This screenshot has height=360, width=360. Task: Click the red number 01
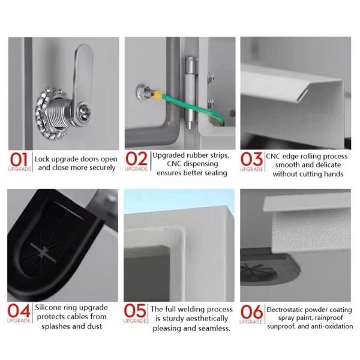(19, 160)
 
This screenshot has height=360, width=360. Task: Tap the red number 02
(136, 158)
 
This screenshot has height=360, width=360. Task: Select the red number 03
(251, 159)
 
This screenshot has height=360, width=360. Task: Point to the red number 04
(19, 311)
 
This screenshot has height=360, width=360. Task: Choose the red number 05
(135, 311)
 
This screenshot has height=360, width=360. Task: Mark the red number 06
(251, 311)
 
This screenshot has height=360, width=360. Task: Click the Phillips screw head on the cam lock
(84, 112)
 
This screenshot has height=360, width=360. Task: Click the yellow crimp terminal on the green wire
(158, 94)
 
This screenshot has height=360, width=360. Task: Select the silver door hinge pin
(191, 92)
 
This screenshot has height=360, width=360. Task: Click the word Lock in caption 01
(42, 159)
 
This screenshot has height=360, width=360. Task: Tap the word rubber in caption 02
(194, 155)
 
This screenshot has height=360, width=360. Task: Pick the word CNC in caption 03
(273, 157)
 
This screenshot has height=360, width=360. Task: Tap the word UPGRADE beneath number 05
(135, 321)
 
